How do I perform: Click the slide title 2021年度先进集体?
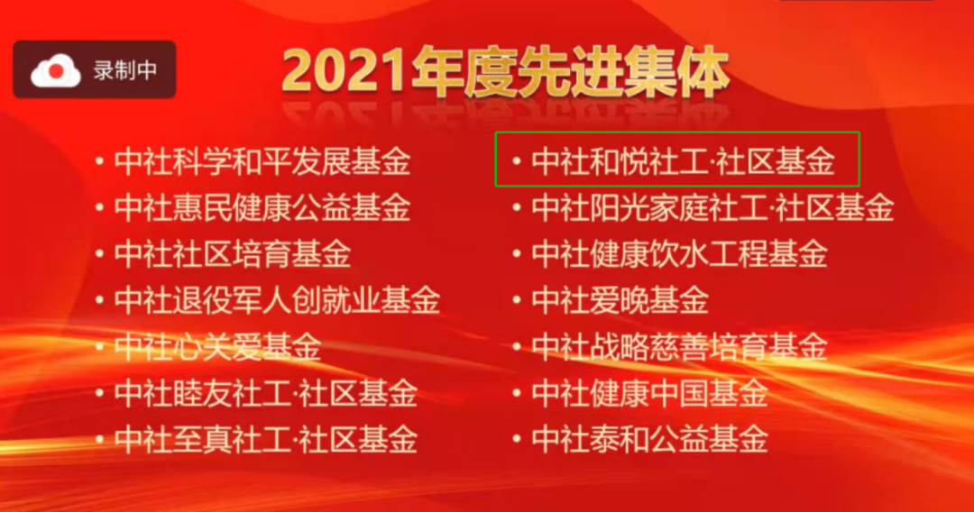[505, 73]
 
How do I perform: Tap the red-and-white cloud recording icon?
[56, 70]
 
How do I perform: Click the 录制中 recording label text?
[125, 70]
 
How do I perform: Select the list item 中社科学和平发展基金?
[262, 161]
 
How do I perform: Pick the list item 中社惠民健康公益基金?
[262, 208]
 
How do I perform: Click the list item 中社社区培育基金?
[233, 254]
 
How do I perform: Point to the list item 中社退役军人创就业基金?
[277, 300]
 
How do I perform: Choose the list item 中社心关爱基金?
[218, 346]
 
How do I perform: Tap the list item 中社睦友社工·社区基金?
[266, 393]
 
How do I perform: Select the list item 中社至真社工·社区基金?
[266, 439]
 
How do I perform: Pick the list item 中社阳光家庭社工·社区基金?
[712, 208]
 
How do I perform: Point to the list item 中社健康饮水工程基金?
[680, 254]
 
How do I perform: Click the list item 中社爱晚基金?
[620, 300]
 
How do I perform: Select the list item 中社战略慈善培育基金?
[680, 346]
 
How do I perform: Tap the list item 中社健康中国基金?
[649, 393]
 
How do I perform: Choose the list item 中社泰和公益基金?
[649, 439]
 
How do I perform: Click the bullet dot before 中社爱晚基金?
[516, 300]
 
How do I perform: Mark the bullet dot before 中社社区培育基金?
[99, 254]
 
